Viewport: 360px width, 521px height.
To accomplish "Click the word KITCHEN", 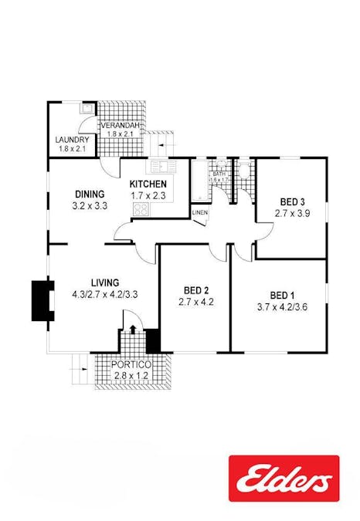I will pyautogui.click(x=148, y=184).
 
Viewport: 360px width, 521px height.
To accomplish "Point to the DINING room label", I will pyautogui.click(x=90, y=194).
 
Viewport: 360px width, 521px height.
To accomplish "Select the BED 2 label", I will pyautogui.click(x=195, y=291).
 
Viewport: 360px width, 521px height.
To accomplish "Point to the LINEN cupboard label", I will pyautogui.click(x=200, y=212).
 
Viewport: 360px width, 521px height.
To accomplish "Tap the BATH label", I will pyautogui.click(x=219, y=174).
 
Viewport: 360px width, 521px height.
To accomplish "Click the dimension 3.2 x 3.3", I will pyautogui.click(x=90, y=206).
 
